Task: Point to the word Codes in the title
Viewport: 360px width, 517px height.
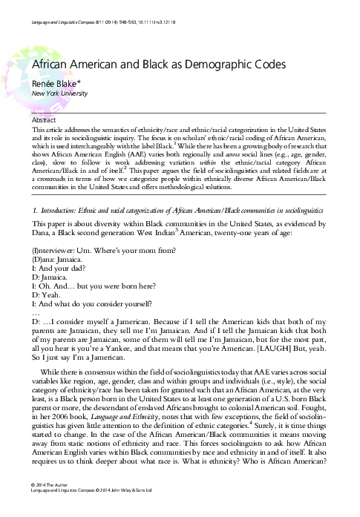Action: (269, 65)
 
